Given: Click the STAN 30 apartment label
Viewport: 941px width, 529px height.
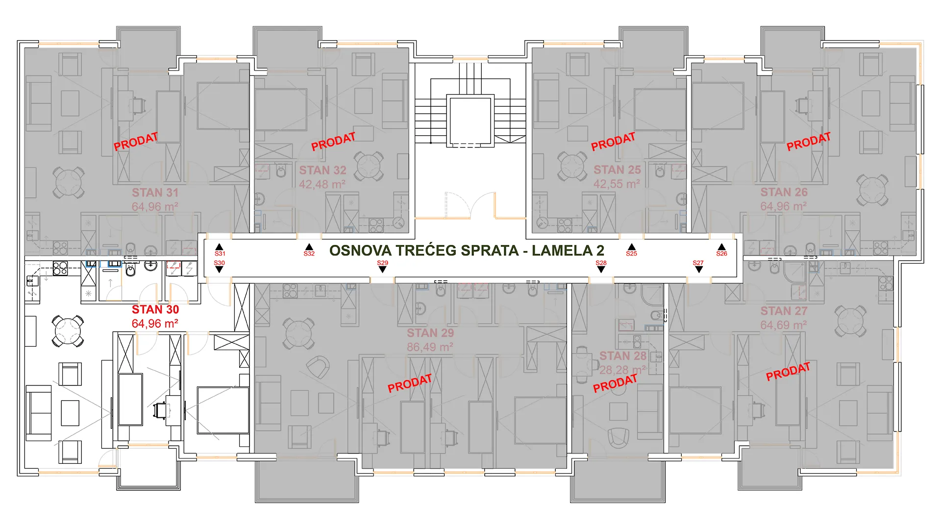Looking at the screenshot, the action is pyautogui.click(x=155, y=310).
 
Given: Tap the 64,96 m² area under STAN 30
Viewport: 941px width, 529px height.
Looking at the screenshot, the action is pyautogui.click(x=155, y=324).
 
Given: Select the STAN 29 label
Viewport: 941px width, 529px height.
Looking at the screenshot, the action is pyautogui.click(x=430, y=333).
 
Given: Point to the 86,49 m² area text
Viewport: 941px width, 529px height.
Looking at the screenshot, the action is pyautogui.click(x=430, y=347).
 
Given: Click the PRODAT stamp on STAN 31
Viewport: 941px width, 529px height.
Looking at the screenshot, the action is pyautogui.click(x=136, y=142).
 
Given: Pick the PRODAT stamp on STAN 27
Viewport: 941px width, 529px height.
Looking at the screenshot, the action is pyautogui.click(x=788, y=372).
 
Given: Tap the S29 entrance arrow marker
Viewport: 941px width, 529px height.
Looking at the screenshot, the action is pyautogui.click(x=382, y=266).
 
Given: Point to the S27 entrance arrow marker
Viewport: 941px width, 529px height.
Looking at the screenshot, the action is pyautogui.click(x=698, y=266).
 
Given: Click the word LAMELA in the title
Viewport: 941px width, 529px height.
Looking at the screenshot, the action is pyautogui.click(x=562, y=250).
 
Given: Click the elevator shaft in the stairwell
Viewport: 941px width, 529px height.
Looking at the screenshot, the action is pyautogui.click(x=469, y=121).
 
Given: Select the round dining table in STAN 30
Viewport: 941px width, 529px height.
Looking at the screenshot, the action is pyautogui.click(x=68, y=331).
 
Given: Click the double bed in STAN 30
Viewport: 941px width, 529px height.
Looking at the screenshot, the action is pyautogui.click(x=223, y=410).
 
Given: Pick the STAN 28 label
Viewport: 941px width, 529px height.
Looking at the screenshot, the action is pyautogui.click(x=623, y=356).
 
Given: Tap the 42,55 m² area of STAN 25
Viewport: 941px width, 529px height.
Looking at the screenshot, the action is pyautogui.click(x=617, y=184).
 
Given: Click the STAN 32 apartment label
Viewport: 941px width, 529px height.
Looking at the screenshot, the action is pyautogui.click(x=323, y=170).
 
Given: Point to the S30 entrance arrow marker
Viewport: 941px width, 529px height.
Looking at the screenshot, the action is pyautogui.click(x=219, y=266).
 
